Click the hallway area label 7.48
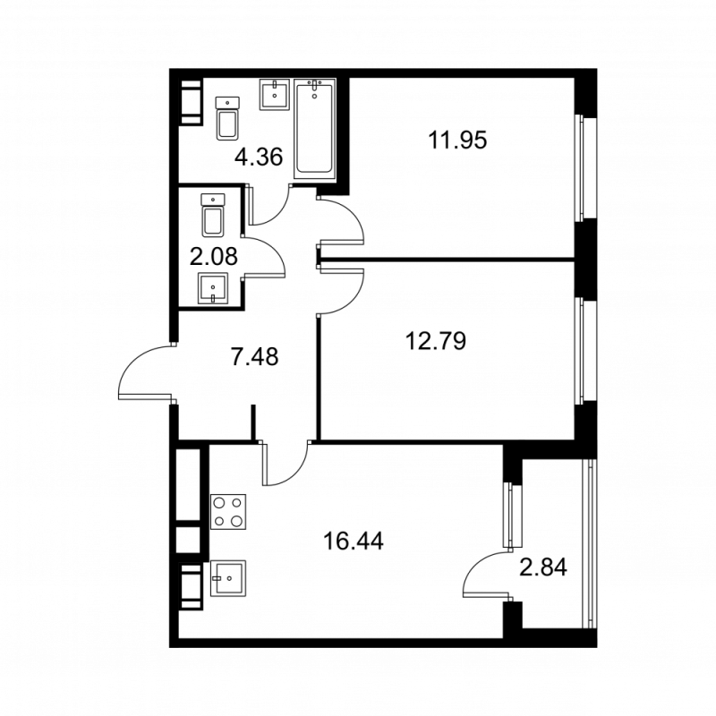254,358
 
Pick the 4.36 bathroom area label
258,158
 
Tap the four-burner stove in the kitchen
228,514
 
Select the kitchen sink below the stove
229,578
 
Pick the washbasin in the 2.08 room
213,289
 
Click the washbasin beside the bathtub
274,93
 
